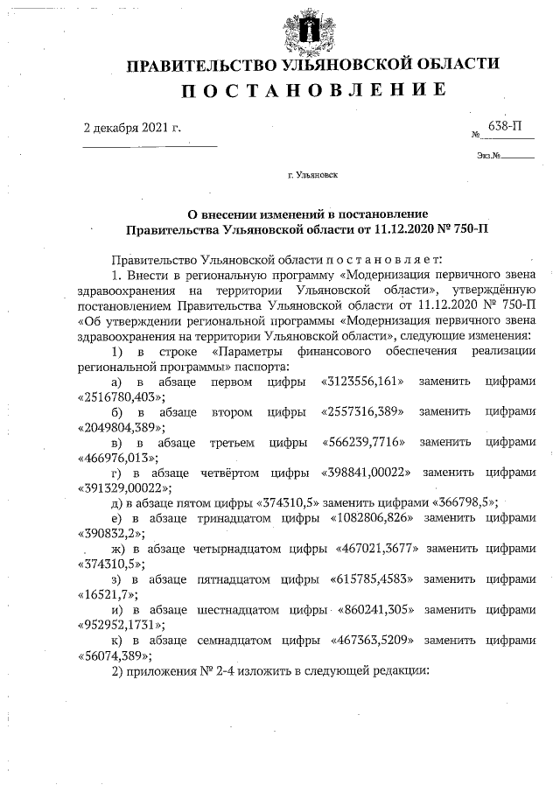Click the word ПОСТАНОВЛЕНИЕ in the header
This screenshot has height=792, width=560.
313,90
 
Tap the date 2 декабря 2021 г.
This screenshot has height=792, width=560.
131,128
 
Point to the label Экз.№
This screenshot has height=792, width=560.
488,156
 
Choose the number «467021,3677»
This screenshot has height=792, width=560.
377,548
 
